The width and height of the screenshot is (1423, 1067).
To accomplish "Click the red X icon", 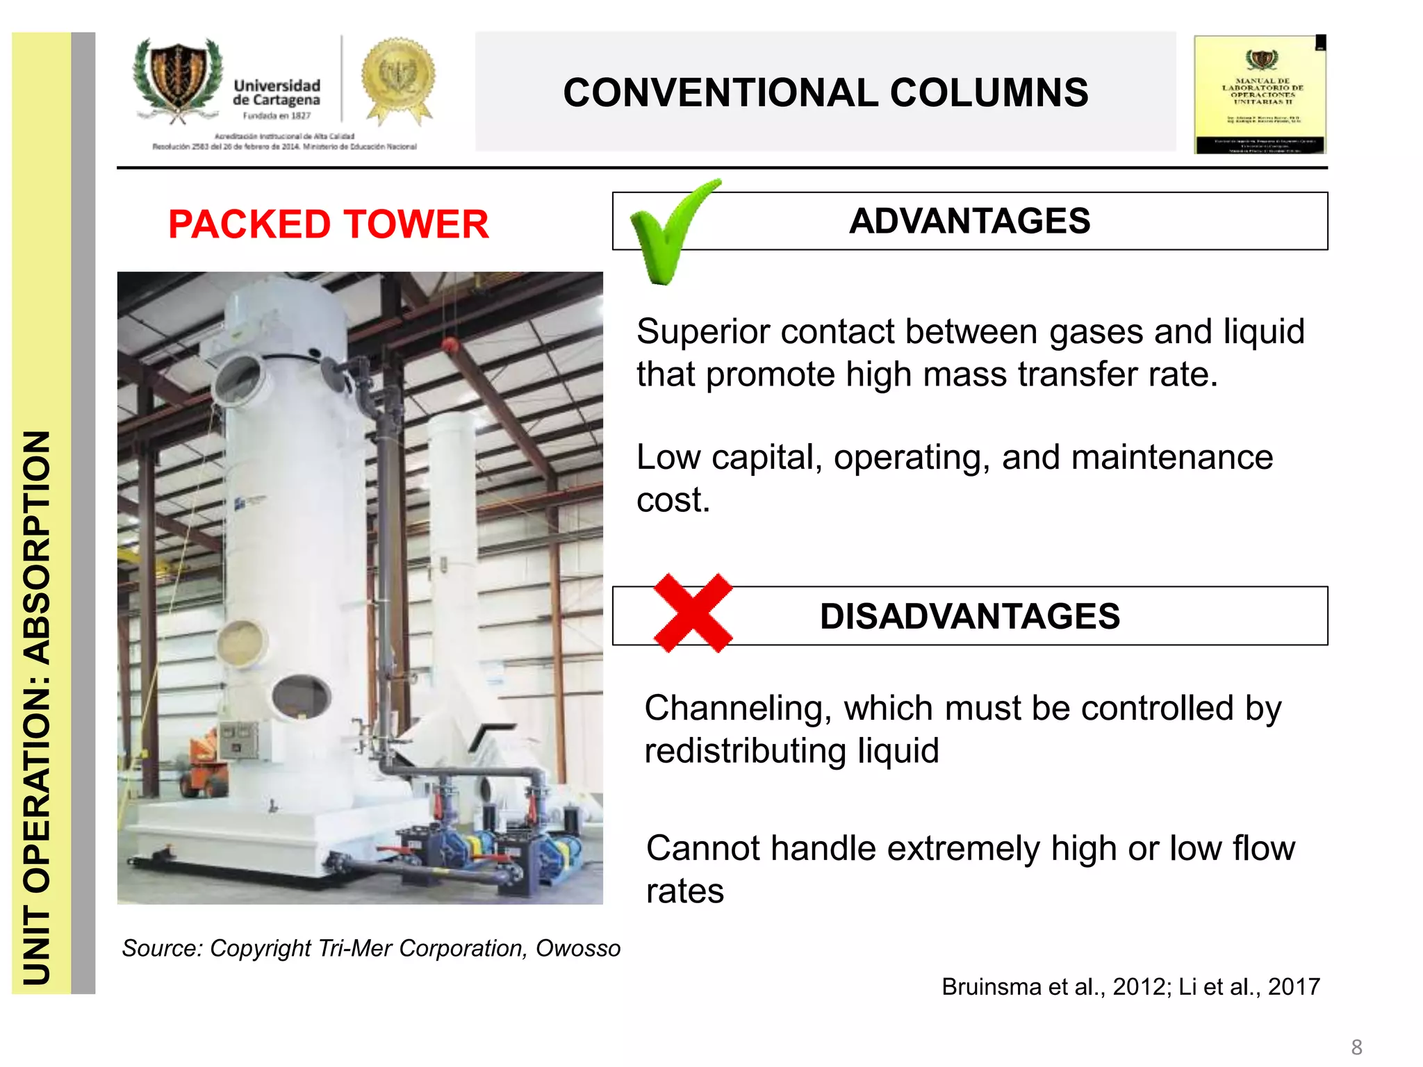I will pos(693,613).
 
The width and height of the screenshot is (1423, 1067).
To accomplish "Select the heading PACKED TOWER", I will pos(328,224).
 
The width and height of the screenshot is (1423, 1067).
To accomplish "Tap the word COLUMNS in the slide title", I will pos(989,93).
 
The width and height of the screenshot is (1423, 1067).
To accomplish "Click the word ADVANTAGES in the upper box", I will pos(969,221).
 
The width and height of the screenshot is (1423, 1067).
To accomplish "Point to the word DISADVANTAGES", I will pos(969,616).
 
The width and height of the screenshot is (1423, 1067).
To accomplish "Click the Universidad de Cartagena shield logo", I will pos(178,80).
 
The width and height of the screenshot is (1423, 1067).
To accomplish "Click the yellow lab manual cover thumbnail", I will pos(1260,94).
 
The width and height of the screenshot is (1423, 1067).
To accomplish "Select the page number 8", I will pos(1356,1047).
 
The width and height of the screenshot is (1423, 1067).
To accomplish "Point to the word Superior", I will pos(702,331).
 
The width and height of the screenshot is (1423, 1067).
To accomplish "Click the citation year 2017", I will pos(1293,986).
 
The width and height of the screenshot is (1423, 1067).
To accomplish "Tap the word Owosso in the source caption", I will pos(577,948).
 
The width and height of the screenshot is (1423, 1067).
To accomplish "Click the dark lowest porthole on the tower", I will pos(301,696).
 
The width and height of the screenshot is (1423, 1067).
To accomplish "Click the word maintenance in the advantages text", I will pos(1172,458).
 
